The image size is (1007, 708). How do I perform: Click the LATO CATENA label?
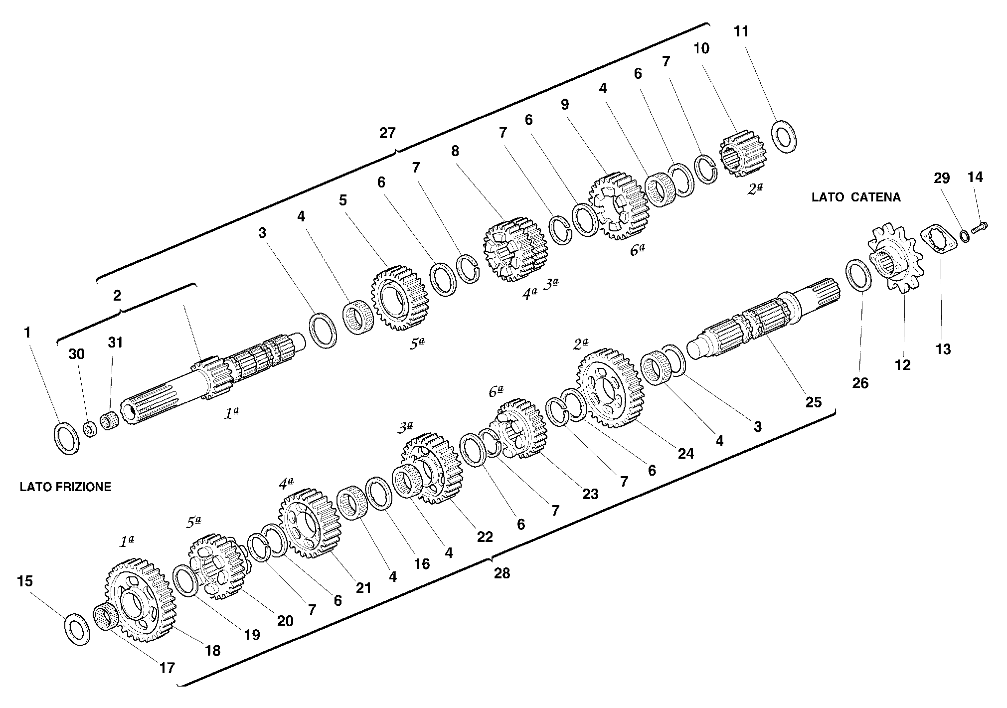point(856,197)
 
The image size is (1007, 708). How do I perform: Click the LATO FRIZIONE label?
point(65,487)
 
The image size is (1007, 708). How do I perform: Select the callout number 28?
point(502,573)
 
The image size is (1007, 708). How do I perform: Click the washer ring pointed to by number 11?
point(784,136)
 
